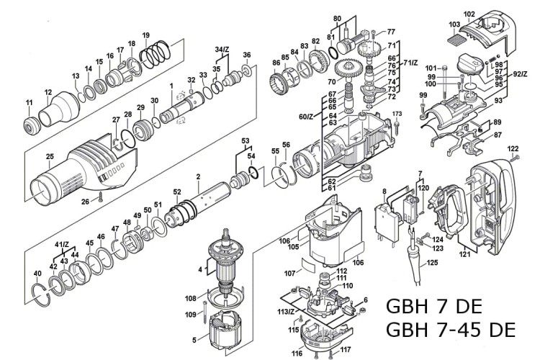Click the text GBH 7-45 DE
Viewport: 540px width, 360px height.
(x=451, y=330)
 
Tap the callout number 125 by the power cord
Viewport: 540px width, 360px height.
(x=432, y=264)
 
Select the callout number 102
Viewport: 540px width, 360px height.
(x=469, y=14)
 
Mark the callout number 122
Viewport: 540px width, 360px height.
(x=513, y=149)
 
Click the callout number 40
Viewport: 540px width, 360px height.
(x=37, y=274)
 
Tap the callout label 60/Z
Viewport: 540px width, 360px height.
(x=306, y=117)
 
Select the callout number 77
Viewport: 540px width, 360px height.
(x=390, y=32)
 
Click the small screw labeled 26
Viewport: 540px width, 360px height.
(x=102, y=196)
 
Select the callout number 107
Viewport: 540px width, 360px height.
(x=289, y=274)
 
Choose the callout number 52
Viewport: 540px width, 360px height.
(x=176, y=192)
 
